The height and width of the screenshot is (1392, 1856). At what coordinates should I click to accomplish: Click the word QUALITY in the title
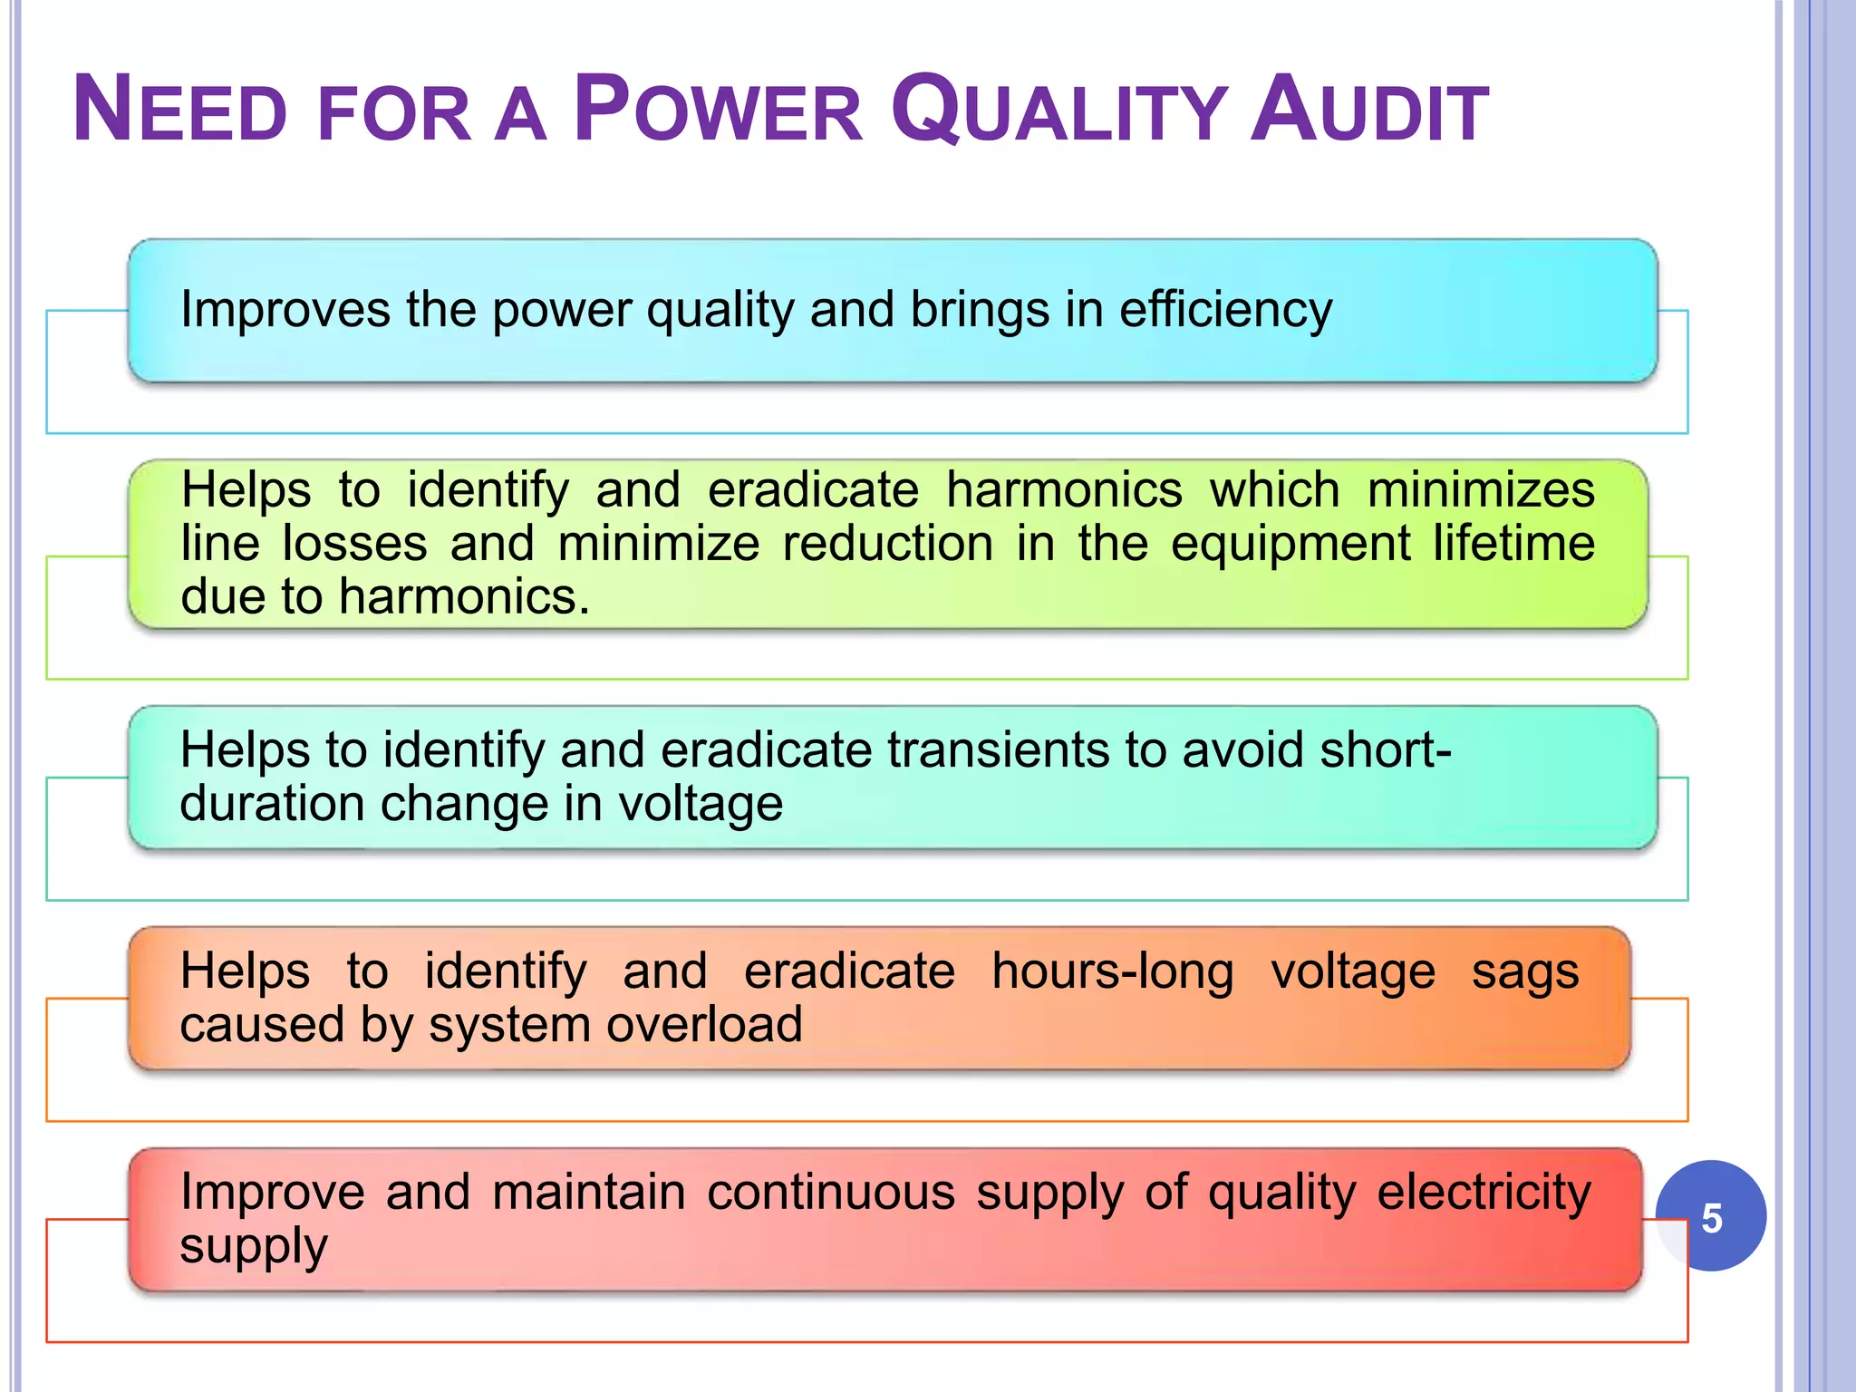(x=1058, y=110)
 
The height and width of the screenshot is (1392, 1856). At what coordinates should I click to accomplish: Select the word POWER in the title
(x=718, y=110)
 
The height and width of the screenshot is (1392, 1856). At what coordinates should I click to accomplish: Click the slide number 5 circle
(x=1710, y=1216)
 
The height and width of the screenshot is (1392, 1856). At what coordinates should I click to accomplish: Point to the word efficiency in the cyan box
(x=1225, y=311)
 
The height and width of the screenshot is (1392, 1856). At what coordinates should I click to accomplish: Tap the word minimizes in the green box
(x=1481, y=490)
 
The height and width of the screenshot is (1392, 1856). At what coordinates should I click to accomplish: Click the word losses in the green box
(x=354, y=544)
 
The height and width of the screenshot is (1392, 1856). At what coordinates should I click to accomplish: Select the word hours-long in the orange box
(x=1112, y=971)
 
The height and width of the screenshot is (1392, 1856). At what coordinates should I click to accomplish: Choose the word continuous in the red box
(x=831, y=1192)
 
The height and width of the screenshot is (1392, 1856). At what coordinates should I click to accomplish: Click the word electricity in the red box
(x=1484, y=1194)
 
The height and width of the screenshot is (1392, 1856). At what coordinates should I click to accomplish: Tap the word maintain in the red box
(x=589, y=1192)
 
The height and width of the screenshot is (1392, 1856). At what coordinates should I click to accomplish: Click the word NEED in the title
(x=179, y=110)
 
